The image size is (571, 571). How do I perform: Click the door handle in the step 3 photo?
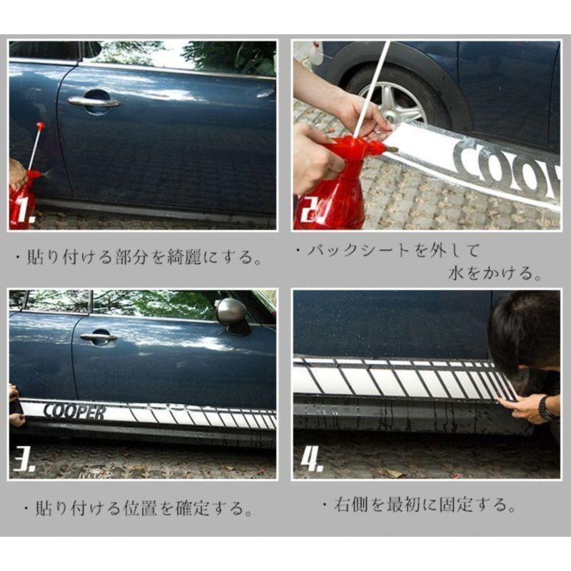[98, 337]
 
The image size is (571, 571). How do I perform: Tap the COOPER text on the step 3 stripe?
[74, 412]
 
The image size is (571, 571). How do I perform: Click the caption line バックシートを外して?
[389, 251]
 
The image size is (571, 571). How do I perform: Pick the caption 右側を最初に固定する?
[418, 506]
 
